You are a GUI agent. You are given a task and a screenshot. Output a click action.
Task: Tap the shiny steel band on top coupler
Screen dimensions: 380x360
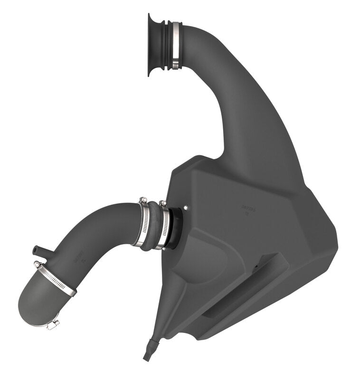(176, 45)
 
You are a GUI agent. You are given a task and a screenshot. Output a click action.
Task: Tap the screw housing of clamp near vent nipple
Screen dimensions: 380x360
(37, 265)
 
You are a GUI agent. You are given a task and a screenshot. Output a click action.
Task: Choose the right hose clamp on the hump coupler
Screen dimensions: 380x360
(164, 226)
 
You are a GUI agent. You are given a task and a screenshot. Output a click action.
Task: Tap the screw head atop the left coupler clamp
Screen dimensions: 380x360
(142, 200)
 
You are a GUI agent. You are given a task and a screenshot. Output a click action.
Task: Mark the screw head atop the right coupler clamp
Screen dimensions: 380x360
(163, 203)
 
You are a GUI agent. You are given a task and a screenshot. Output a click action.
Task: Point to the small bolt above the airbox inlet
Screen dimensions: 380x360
(185, 207)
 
